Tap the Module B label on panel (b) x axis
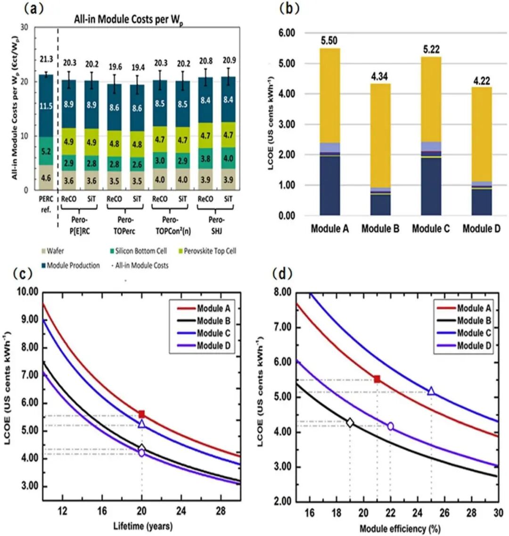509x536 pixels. click(380, 229)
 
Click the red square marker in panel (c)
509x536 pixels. click(141, 414)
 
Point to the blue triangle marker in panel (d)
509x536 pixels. click(431, 391)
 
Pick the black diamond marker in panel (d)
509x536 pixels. click(350, 422)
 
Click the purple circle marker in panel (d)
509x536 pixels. click(390, 426)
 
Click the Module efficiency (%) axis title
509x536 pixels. click(400, 528)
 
